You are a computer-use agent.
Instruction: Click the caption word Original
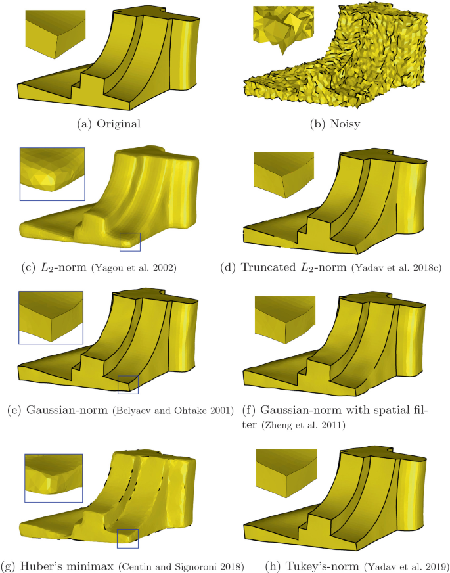pos(118,124)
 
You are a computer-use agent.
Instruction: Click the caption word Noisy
pos(345,124)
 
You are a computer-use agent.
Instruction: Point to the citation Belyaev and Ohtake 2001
pos(173,411)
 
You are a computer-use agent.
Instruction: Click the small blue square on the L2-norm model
pos(130,242)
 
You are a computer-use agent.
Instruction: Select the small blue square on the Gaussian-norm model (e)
pos(128,384)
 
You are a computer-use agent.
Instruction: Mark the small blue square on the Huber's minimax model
pos(128,538)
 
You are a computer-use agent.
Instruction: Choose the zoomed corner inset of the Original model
pos(55,34)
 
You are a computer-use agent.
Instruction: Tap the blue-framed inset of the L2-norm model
pos(53,174)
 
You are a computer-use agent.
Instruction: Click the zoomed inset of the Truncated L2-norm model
pos(283,175)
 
